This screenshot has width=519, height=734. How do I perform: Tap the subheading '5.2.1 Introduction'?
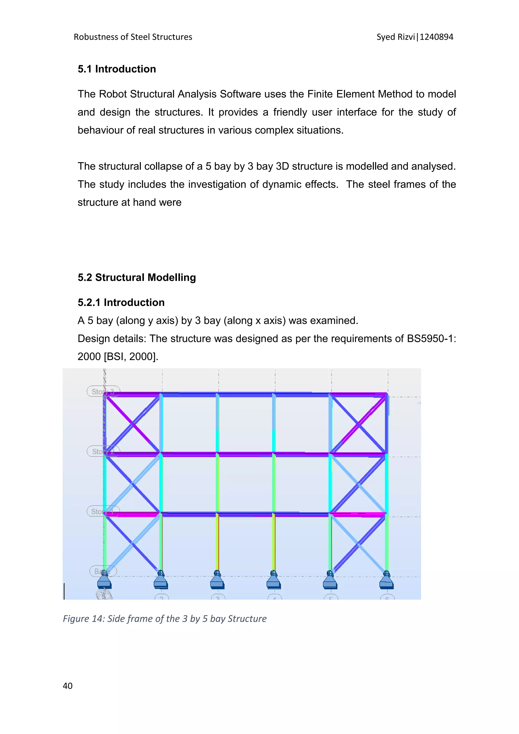click(x=121, y=302)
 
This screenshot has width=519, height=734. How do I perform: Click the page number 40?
click(x=67, y=686)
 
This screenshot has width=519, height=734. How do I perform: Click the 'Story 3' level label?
click(x=103, y=391)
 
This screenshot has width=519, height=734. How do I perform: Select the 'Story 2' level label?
click(x=103, y=451)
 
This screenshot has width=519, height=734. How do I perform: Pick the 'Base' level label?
click(x=103, y=571)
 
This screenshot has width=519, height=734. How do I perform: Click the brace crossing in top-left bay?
click(x=133, y=424)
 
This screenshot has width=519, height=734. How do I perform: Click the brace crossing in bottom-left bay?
click(x=133, y=543)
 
